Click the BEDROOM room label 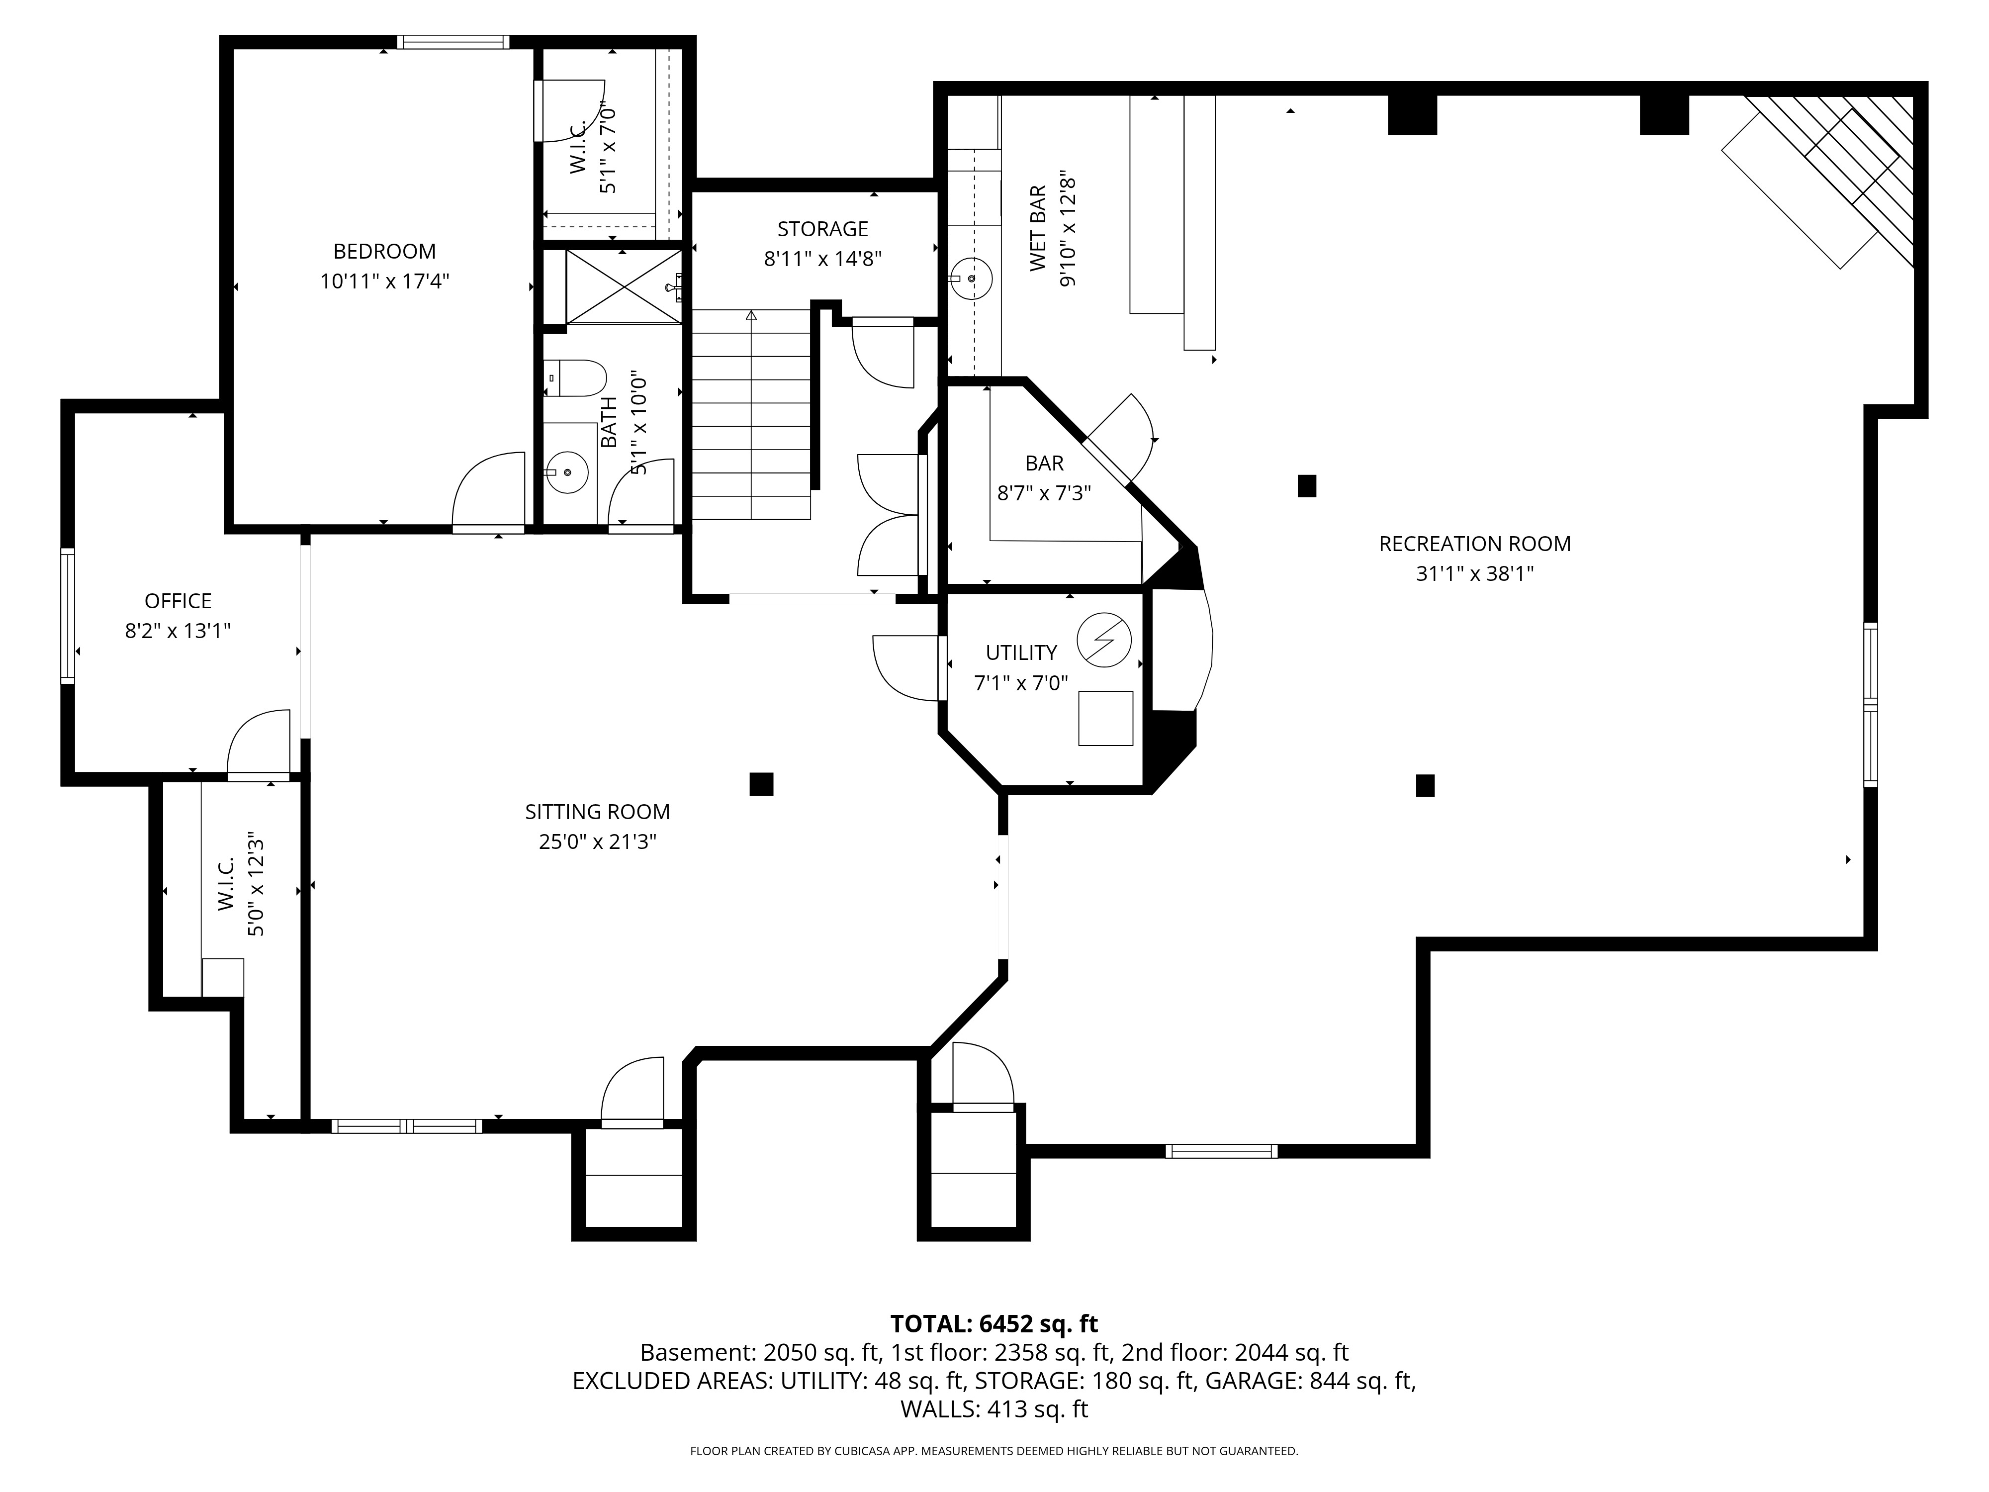click(x=384, y=252)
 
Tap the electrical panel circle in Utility click(x=1104, y=641)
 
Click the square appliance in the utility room click(x=1105, y=718)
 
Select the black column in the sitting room click(x=761, y=784)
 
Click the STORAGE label click(x=823, y=229)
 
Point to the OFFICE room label click(x=178, y=601)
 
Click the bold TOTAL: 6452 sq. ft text click(x=994, y=1324)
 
